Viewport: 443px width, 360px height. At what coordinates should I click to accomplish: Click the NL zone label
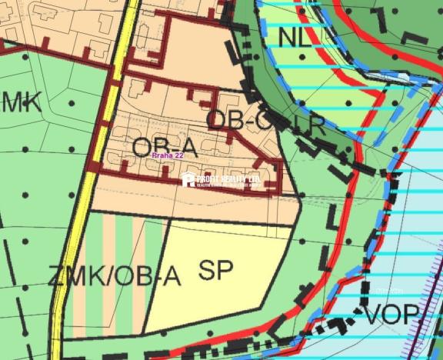[x=296, y=36]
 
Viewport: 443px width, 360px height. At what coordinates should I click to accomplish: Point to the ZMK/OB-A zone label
[x=114, y=275]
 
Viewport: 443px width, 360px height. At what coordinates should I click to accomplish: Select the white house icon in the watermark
[x=188, y=180]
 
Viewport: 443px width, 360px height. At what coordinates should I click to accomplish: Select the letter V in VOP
[x=373, y=314]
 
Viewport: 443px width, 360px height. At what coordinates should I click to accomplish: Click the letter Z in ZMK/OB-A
[x=55, y=275]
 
